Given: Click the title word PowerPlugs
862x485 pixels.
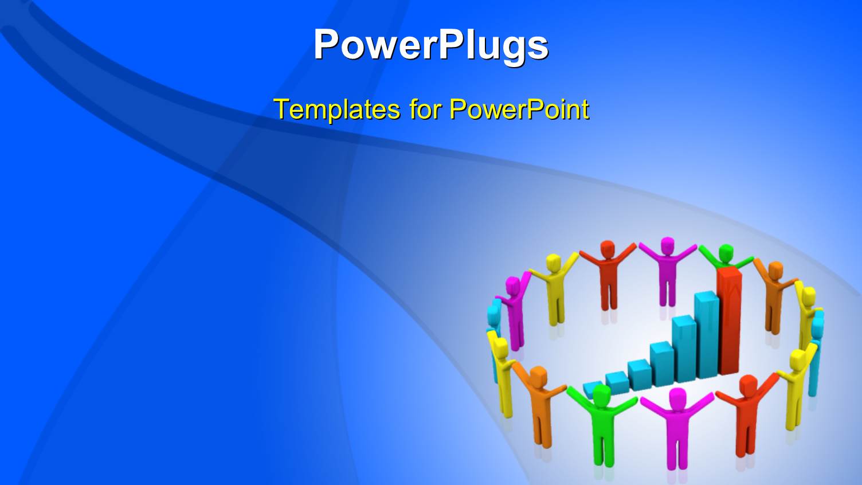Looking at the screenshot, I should (x=430, y=45).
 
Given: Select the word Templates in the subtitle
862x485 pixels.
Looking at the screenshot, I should (x=336, y=109).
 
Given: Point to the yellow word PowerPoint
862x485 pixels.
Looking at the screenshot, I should (x=519, y=109).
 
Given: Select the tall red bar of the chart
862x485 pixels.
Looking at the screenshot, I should (x=729, y=321).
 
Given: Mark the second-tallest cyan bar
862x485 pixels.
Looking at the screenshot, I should (x=684, y=347).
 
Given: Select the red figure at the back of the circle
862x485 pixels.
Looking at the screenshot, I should (x=608, y=275).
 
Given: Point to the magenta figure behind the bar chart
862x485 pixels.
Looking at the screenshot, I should (x=667, y=269).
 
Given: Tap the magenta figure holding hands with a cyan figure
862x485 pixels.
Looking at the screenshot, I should (x=514, y=310).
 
